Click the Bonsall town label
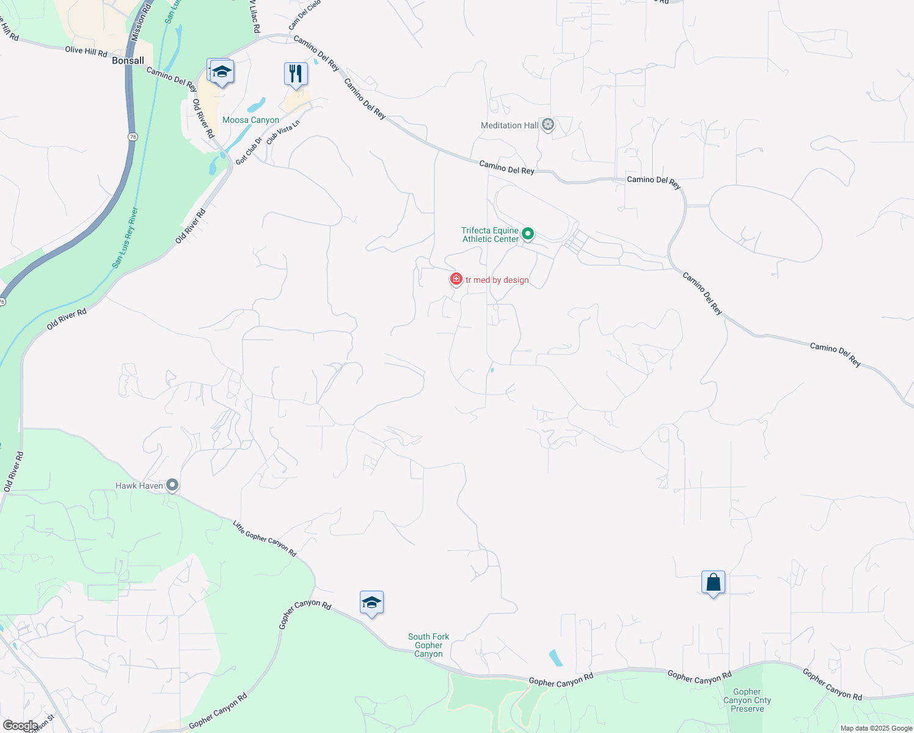128,60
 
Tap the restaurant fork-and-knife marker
296,74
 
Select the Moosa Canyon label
250,120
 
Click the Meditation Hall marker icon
548,125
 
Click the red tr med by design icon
456,279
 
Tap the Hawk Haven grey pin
172,486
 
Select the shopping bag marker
713,583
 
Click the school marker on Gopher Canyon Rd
371,603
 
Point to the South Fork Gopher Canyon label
428,645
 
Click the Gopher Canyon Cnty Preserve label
747,700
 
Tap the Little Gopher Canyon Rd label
265,538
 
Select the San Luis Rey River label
125,238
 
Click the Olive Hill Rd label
86,51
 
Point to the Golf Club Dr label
249,150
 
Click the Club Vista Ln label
283,131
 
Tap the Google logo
20,725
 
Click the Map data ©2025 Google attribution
876,728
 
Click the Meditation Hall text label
510,125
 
